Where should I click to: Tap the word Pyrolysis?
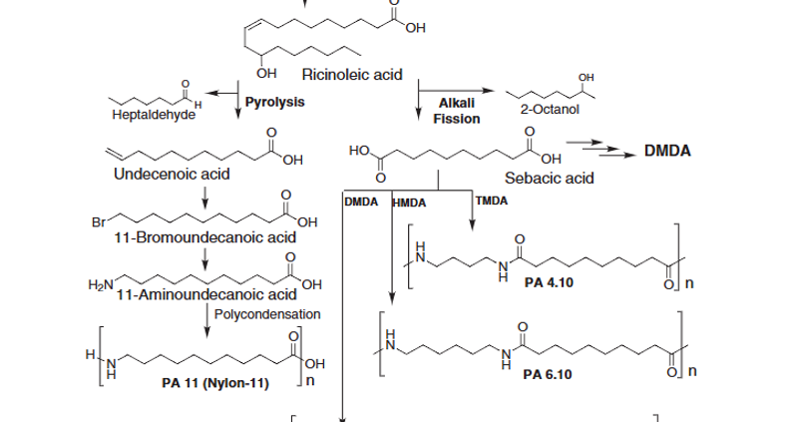tap(274, 102)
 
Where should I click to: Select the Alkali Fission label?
tap(457, 111)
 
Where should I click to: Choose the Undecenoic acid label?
tap(173, 175)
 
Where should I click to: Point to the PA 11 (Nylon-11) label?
tap(215, 383)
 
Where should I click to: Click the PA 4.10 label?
tap(549, 282)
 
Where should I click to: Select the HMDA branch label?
tap(409, 203)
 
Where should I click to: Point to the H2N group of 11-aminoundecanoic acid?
tap(101, 286)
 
